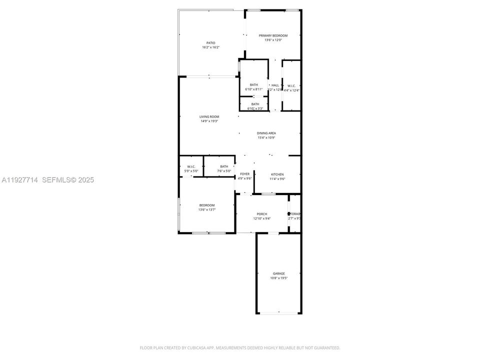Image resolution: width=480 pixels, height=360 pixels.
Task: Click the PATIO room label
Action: pyautogui.click(x=210, y=43)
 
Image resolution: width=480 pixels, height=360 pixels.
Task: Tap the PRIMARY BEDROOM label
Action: pyautogui.click(x=273, y=35)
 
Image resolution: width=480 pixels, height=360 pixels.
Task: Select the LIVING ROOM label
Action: pyautogui.click(x=209, y=116)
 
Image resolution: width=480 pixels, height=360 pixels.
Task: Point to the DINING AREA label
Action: pyautogui.click(x=266, y=133)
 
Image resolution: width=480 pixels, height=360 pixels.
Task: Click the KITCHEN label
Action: pyautogui.click(x=277, y=174)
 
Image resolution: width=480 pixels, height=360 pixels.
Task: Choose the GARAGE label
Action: pyautogui.click(x=278, y=273)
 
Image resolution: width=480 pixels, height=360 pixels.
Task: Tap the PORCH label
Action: pyautogui.click(x=262, y=214)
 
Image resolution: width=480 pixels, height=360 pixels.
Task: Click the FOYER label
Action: pyautogui.click(x=244, y=174)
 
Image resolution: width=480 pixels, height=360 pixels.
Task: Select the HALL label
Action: pyautogui.click(x=275, y=85)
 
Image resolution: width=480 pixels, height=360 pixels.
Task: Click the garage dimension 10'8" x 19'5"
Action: pyautogui.click(x=278, y=278)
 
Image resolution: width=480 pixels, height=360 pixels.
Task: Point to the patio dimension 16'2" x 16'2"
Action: pyautogui.click(x=210, y=47)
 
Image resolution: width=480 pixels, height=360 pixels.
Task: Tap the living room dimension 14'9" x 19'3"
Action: pyautogui.click(x=209, y=121)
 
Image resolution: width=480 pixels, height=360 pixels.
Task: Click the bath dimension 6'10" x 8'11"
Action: pyautogui.click(x=254, y=89)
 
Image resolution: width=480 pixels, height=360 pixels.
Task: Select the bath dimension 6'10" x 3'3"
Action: pyautogui.click(x=255, y=108)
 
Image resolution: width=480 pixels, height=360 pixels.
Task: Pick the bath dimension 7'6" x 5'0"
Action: pyautogui.click(x=224, y=171)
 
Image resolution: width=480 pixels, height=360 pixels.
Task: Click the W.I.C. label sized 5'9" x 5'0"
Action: pyautogui.click(x=191, y=166)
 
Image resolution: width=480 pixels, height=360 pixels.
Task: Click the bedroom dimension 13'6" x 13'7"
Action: pyautogui.click(x=207, y=209)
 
